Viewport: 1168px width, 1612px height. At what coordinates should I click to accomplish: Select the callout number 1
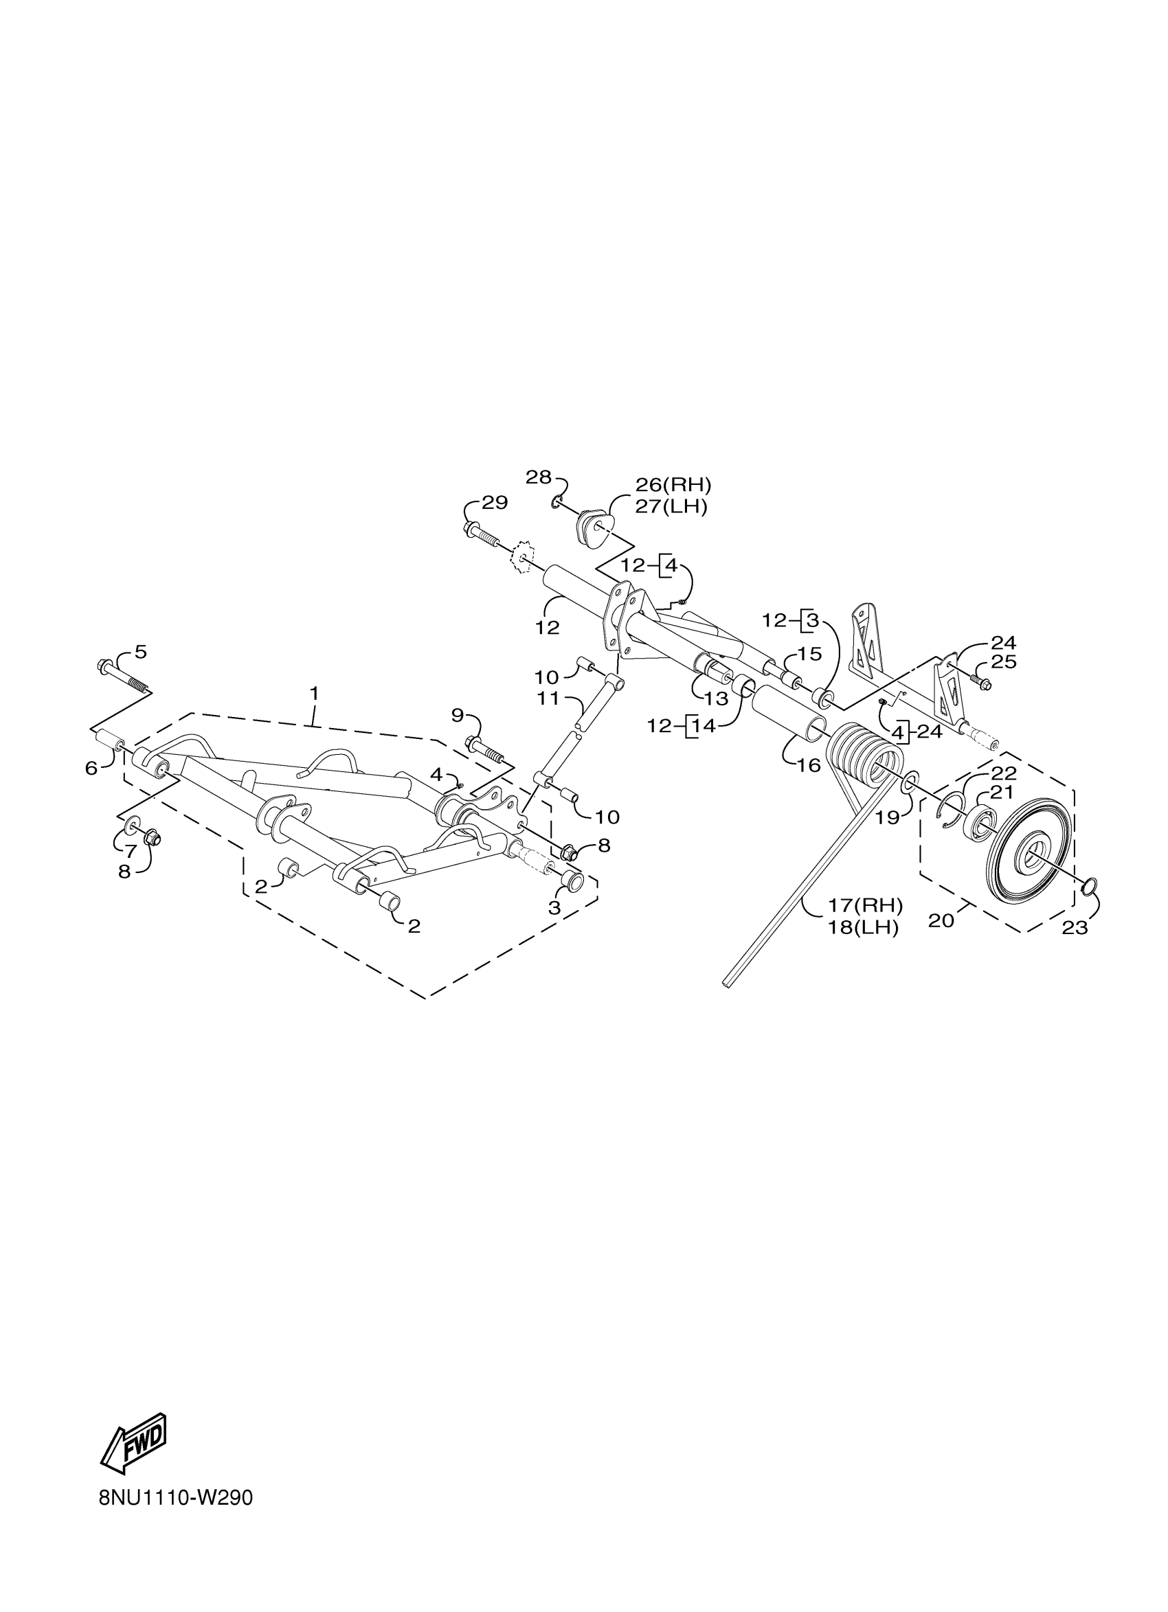click(313, 693)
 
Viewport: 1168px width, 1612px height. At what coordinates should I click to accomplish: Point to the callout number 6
click(91, 769)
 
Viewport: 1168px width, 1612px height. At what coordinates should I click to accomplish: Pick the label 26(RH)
click(673, 485)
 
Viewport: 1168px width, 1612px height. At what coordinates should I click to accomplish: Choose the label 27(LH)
click(671, 508)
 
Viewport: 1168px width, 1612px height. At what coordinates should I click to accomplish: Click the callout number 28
click(538, 477)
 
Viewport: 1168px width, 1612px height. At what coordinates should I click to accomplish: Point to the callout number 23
click(1074, 927)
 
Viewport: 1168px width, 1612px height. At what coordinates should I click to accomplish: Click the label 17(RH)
click(864, 905)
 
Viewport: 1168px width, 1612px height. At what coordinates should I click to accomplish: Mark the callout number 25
click(1003, 661)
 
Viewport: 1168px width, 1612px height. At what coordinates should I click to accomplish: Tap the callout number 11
click(549, 699)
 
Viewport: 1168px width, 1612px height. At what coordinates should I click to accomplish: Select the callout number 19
click(887, 817)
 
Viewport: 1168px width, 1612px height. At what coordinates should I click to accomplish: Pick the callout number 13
click(716, 699)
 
